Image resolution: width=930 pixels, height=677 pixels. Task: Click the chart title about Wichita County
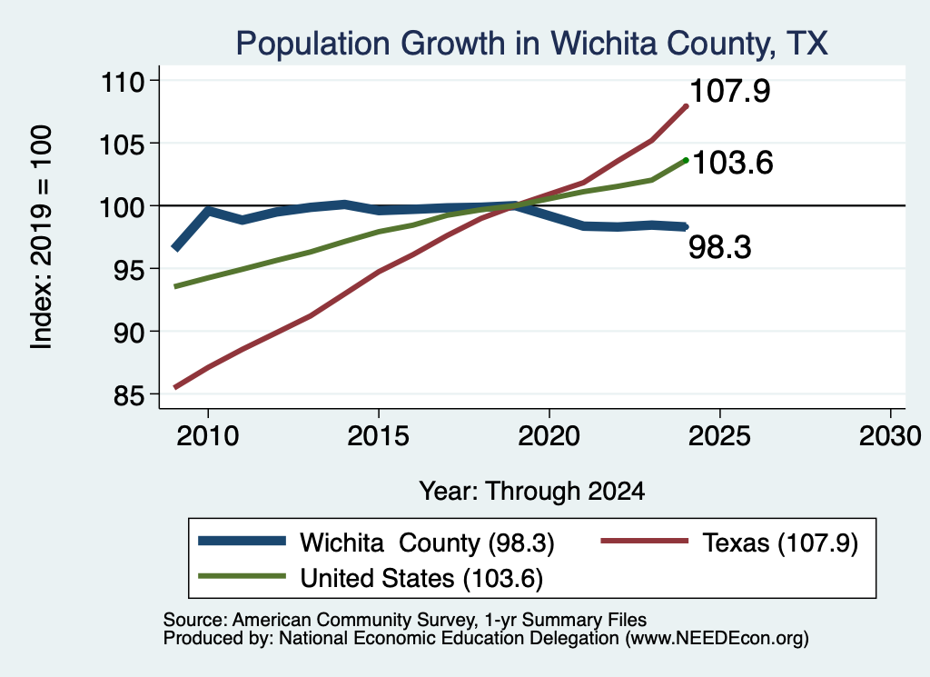click(531, 44)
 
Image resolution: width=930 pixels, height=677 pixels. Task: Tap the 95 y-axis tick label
click(129, 269)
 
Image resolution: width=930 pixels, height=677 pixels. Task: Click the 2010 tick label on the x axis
click(208, 437)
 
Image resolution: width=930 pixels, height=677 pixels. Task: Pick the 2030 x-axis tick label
click(890, 437)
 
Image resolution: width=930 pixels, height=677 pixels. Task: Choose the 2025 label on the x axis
click(719, 437)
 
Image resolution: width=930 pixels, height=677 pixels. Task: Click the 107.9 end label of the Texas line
click(730, 92)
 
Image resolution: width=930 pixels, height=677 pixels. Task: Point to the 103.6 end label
click(733, 163)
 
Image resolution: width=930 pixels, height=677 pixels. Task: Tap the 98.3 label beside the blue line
click(719, 247)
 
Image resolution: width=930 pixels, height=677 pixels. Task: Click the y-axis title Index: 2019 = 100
click(42, 237)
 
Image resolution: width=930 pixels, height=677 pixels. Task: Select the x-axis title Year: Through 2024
click(532, 492)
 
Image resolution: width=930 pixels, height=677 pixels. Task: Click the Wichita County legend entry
click(376, 543)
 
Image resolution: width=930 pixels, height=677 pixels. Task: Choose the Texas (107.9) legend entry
click(729, 543)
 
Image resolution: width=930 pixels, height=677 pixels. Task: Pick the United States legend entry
click(371, 578)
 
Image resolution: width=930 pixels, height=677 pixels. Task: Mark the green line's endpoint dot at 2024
click(687, 160)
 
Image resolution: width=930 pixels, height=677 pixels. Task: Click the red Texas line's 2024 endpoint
click(687, 106)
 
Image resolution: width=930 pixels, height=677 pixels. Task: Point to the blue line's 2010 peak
click(208, 209)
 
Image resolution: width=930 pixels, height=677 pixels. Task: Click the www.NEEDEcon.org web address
click(716, 639)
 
